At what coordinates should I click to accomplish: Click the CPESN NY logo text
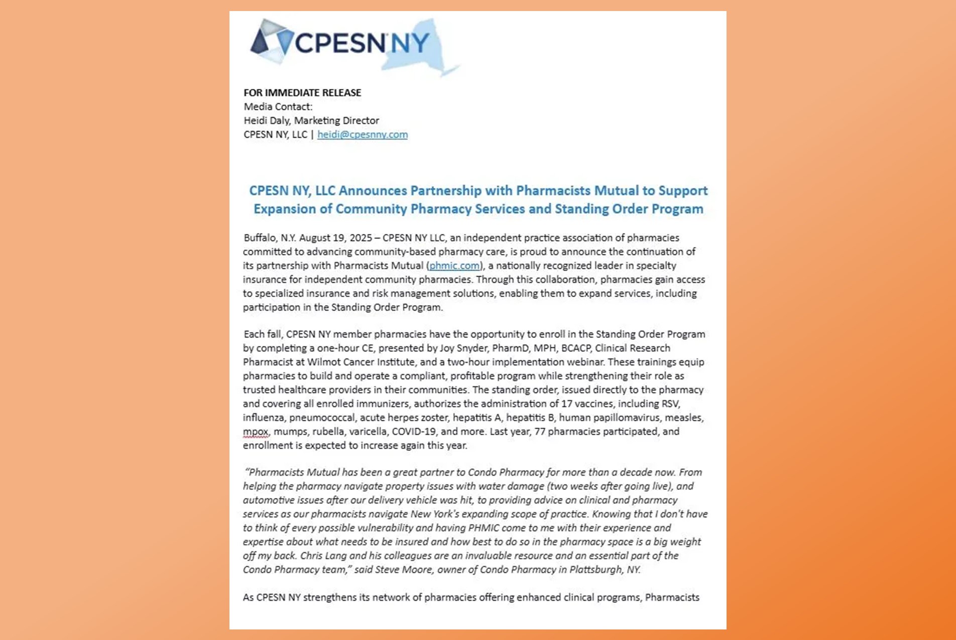[x=362, y=43]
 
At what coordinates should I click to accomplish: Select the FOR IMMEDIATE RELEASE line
[x=302, y=93]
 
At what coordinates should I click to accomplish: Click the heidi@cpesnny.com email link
[x=362, y=135]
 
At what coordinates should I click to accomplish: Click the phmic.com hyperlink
[x=454, y=266]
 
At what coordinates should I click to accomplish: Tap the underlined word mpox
[x=256, y=432]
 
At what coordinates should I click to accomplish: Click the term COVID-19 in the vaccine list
[x=413, y=432]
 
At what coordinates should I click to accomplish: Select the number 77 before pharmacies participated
[x=540, y=432]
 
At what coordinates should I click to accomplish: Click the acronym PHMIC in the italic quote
[x=483, y=528]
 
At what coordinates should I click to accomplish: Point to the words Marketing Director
[x=336, y=120]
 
